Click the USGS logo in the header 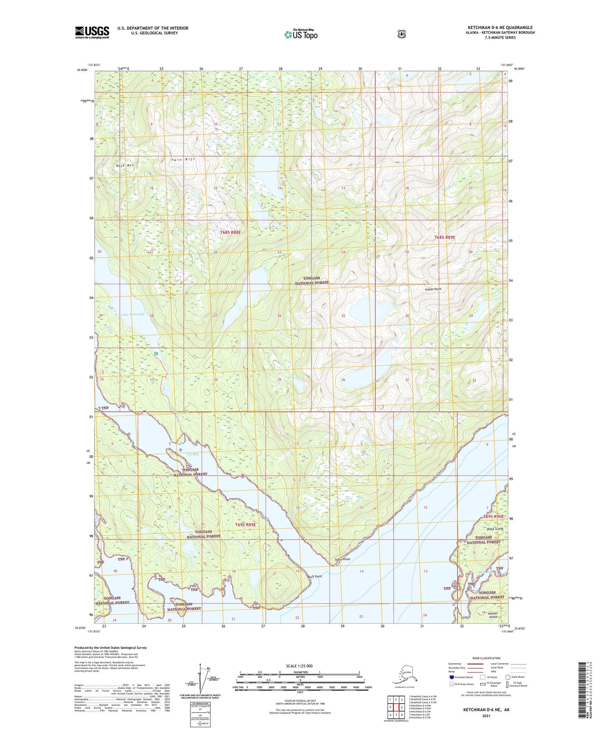click(x=92, y=32)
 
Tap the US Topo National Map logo click(x=301, y=34)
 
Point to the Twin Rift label click(x=183, y=160)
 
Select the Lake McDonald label click(x=133, y=314)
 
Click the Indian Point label click(x=433, y=289)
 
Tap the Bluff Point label click(x=314, y=577)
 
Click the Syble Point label click(x=342, y=559)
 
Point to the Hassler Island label click(x=493, y=615)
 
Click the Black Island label click(x=495, y=529)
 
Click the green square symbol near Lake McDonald click(x=156, y=354)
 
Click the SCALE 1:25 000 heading click(x=299, y=666)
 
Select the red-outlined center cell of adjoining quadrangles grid click(x=396, y=707)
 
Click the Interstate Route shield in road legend click(x=451, y=677)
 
